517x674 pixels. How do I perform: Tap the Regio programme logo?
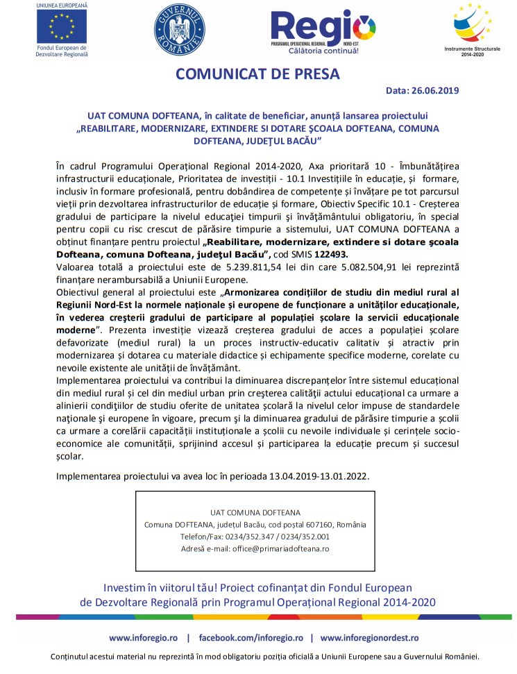pyautogui.click(x=324, y=28)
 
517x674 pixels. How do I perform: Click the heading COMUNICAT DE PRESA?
pyautogui.click(x=258, y=74)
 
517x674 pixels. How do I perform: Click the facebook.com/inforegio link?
pyautogui.click(x=251, y=637)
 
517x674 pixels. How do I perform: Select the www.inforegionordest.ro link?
pyautogui.click(x=369, y=637)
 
